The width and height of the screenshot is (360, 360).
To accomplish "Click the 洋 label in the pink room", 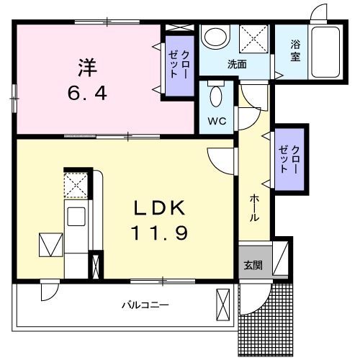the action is point(87,68).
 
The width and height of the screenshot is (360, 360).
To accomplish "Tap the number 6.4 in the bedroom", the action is point(87,93).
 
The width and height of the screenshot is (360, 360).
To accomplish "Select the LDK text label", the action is point(160,208).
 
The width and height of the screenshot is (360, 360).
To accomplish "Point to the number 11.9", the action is point(159,233).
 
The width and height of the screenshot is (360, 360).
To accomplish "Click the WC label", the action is point(217,121).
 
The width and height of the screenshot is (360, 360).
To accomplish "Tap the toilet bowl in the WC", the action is point(216,95).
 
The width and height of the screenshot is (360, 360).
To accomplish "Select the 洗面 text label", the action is point(237,64).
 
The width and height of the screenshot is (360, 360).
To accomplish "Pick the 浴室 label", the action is point(295,50).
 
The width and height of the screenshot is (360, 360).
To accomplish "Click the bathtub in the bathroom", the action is point(325,51).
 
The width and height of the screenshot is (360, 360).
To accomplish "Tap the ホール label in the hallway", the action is point(254,208).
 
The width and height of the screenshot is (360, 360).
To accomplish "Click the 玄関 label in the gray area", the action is point(253,266).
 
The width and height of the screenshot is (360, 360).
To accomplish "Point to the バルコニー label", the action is point(145,305).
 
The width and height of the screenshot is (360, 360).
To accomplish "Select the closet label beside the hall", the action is point(289,159).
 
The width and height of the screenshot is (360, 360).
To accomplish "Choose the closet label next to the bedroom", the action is point(179,64).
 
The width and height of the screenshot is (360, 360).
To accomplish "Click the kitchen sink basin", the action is point(76,217).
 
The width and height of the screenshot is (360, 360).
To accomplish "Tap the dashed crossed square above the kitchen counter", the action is point(76,185).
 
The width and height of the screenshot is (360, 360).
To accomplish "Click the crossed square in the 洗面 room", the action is point(253,39).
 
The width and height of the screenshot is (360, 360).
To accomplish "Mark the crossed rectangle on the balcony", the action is point(222,305).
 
